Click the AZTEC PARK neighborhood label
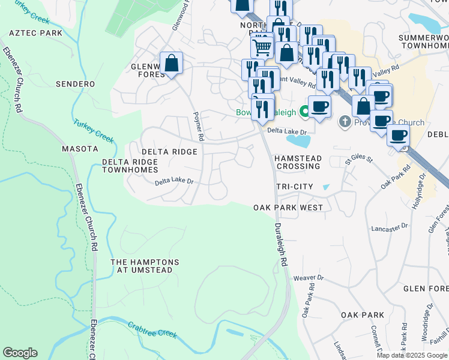click(x=36, y=32)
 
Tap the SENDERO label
click(x=75, y=84)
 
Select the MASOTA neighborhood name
click(x=80, y=148)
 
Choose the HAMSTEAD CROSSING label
click(x=297, y=162)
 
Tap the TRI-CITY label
click(x=294, y=187)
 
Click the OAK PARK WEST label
click(x=288, y=208)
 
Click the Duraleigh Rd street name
click(x=280, y=245)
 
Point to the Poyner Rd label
click(x=198, y=127)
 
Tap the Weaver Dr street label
click(x=309, y=278)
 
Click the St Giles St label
click(x=359, y=161)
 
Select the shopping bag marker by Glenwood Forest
click(x=171, y=63)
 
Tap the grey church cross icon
click(x=345, y=122)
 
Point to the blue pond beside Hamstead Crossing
click(x=298, y=141)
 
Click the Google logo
click(x=20, y=353)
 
